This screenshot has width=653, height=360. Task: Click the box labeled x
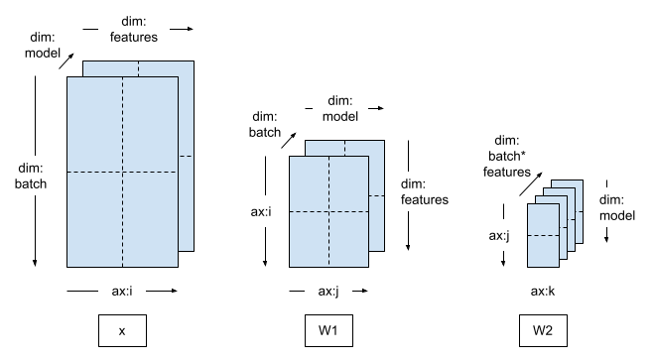point(121,330)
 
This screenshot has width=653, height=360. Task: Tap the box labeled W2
point(544,330)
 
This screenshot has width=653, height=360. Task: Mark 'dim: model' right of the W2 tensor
point(617,207)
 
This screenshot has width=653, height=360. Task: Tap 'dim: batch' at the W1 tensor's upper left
point(264,122)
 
